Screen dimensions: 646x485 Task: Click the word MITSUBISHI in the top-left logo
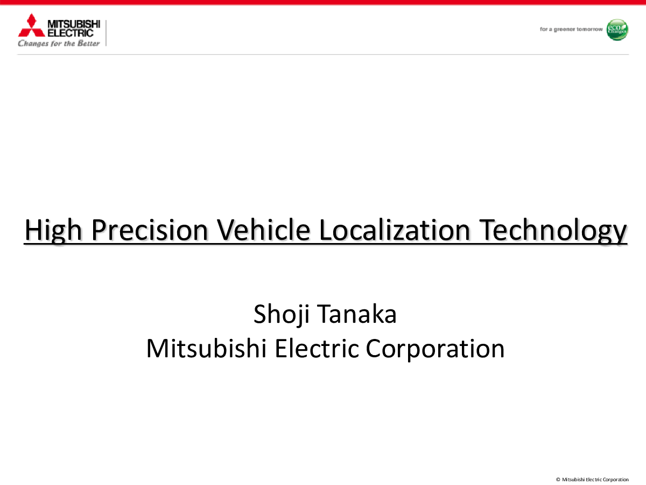pyautogui.click(x=74, y=24)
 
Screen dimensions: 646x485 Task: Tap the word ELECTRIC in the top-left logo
pyautogui.click(x=71, y=33)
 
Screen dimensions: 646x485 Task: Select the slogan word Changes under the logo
pyautogui.click(x=33, y=44)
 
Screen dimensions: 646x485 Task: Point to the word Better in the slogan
pyautogui.click(x=89, y=43)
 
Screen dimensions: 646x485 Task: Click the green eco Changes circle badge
pyautogui.click(x=617, y=30)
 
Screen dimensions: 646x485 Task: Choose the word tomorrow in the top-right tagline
pyautogui.click(x=589, y=29)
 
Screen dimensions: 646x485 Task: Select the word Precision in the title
pyautogui.click(x=150, y=230)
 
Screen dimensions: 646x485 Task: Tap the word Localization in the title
pyautogui.click(x=395, y=230)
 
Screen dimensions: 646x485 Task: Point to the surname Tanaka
pyautogui.click(x=357, y=314)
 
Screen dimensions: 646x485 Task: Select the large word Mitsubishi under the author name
pyautogui.click(x=206, y=349)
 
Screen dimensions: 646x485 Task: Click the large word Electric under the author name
pyautogui.click(x=317, y=349)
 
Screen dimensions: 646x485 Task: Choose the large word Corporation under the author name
pyautogui.click(x=436, y=350)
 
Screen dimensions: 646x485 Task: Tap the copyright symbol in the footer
pyautogui.click(x=558, y=480)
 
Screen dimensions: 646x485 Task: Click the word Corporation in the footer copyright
pyautogui.click(x=616, y=480)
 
